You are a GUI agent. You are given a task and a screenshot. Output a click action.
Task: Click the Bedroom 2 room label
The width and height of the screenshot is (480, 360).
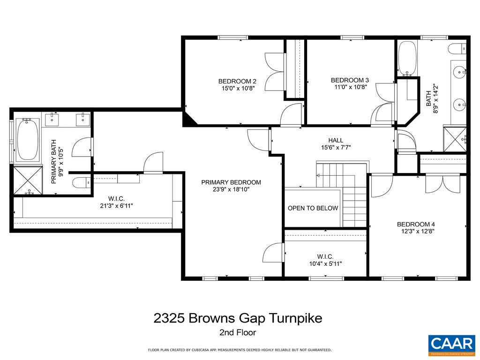[x=237, y=80]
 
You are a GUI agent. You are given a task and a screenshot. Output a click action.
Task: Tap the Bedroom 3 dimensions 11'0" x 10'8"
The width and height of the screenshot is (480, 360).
[x=350, y=87]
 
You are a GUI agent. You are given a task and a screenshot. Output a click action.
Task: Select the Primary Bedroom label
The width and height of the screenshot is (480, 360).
[x=231, y=182]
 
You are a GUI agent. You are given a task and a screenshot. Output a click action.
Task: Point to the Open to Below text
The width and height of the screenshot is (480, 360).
[x=313, y=208]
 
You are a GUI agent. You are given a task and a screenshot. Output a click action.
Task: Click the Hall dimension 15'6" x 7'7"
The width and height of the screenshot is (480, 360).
[x=335, y=147]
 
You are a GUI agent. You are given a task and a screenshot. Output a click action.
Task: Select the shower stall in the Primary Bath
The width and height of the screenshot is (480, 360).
[x=28, y=180]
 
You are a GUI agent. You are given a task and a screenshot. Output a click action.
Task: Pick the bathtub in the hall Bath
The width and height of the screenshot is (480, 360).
[x=407, y=58]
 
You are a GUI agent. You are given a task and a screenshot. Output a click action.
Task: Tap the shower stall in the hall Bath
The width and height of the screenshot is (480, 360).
[x=455, y=139]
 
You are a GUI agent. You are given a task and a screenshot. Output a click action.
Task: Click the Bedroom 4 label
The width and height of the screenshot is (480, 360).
[x=415, y=224]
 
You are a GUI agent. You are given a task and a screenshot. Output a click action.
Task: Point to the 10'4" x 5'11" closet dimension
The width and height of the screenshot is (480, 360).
[x=325, y=264]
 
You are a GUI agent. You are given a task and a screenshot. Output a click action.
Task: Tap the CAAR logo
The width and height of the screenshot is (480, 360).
[x=451, y=344]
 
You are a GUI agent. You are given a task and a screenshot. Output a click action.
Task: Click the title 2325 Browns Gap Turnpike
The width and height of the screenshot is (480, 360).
[x=238, y=318]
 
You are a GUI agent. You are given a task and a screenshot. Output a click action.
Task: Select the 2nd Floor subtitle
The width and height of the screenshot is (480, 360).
[x=237, y=333]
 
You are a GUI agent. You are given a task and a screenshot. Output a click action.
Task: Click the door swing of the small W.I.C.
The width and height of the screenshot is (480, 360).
[x=272, y=253]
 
